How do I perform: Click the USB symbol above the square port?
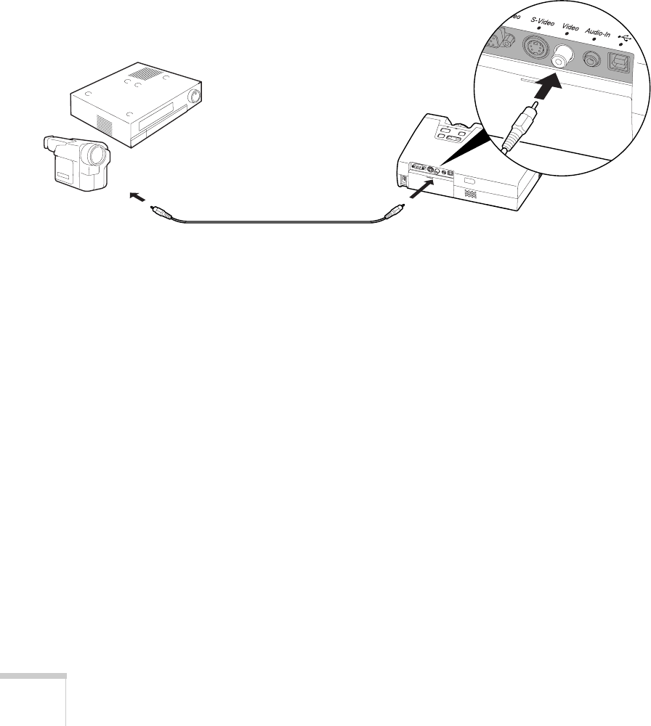coord(623,37)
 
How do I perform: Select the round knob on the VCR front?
coord(193,97)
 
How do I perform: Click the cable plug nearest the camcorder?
coord(160,212)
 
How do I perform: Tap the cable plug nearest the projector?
coord(392,212)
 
